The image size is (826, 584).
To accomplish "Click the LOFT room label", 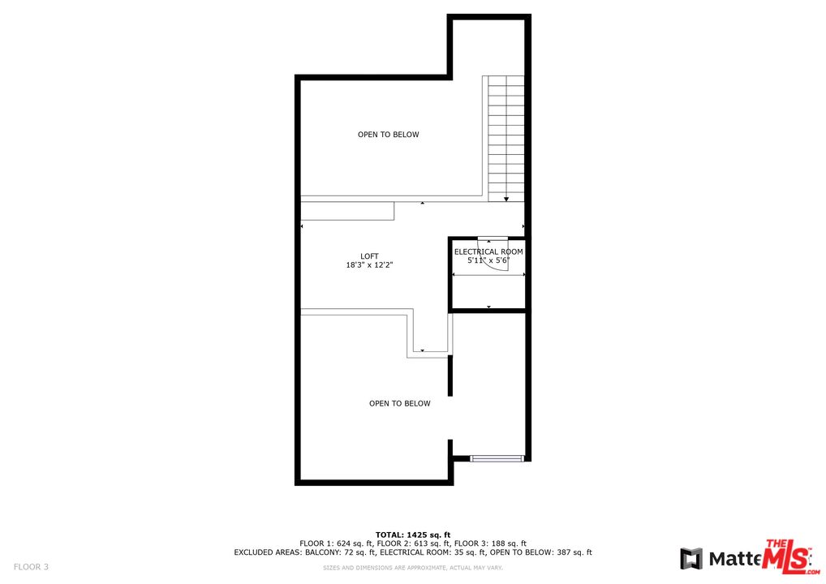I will [x=370, y=256].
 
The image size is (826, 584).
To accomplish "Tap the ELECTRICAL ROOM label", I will [x=488, y=252].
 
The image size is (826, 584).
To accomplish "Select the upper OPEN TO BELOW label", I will [x=389, y=135].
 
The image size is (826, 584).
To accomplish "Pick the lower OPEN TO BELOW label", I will [x=400, y=404].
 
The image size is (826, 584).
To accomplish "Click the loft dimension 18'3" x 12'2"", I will [x=370, y=265].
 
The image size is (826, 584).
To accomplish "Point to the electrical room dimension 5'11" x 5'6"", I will [x=488, y=261].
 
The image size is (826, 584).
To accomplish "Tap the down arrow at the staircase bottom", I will [x=506, y=198].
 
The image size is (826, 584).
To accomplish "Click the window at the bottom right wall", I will [x=497, y=459].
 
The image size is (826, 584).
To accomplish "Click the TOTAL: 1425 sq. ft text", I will [x=413, y=535].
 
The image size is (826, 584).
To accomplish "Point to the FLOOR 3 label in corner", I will [x=31, y=567].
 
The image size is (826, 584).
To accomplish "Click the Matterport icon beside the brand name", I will [x=691, y=559].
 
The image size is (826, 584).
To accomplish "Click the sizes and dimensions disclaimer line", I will [x=413, y=567].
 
